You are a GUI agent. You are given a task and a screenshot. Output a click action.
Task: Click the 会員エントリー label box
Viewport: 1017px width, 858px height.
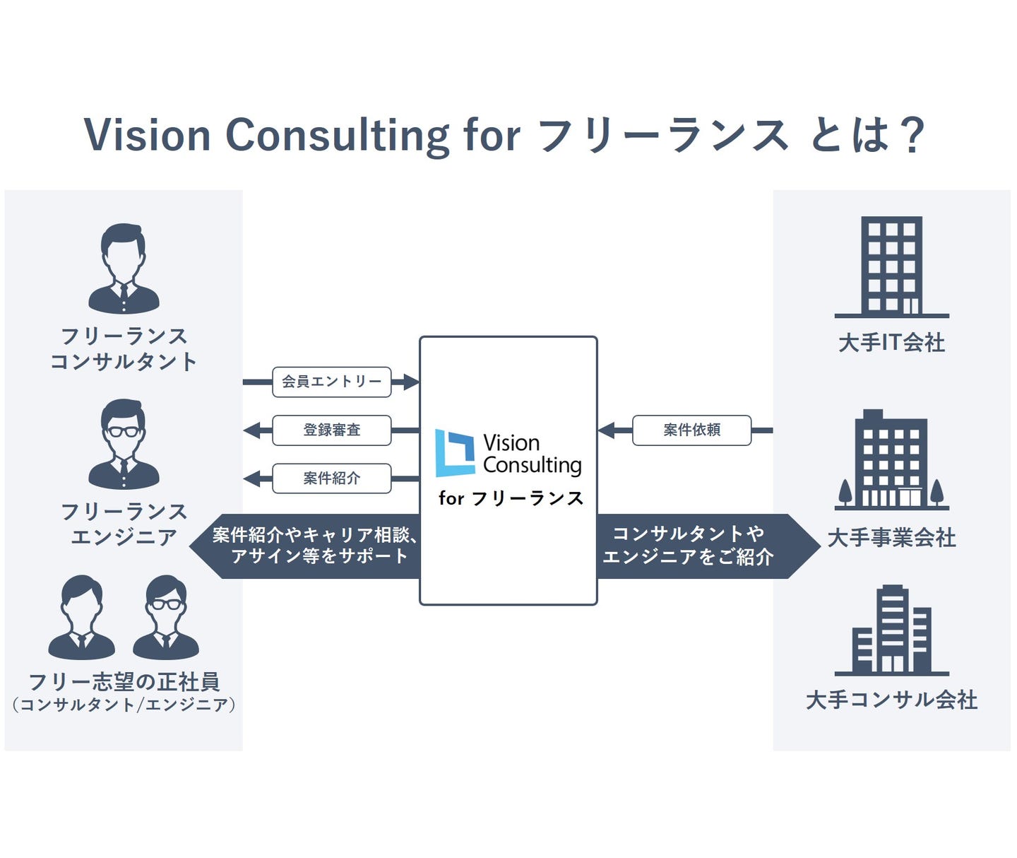[x=331, y=382]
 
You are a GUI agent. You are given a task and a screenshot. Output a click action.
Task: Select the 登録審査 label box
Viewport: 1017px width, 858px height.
[x=331, y=430]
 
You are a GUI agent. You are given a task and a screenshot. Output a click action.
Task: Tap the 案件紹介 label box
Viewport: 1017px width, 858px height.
[x=331, y=478]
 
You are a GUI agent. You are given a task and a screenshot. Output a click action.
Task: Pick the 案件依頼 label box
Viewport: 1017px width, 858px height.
[x=691, y=430]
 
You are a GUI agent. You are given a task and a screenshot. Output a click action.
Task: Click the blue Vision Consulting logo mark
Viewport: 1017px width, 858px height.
[x=455, y=453]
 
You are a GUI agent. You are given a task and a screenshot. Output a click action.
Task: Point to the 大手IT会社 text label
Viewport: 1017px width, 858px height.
[x=891, y=343]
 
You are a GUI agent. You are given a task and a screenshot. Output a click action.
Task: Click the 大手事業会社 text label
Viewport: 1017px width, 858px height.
[x=891, y=538]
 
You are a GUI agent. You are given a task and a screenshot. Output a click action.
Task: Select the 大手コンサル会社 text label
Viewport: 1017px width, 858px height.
[x=891, y=700]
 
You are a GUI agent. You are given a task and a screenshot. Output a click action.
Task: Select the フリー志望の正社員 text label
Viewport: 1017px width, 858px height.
[x=124, y=682]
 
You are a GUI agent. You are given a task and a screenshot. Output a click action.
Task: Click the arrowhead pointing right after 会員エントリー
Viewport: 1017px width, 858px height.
[x=411, y=382]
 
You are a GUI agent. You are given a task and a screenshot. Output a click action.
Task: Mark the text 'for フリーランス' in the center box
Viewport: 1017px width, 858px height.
[x=511, y=498]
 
